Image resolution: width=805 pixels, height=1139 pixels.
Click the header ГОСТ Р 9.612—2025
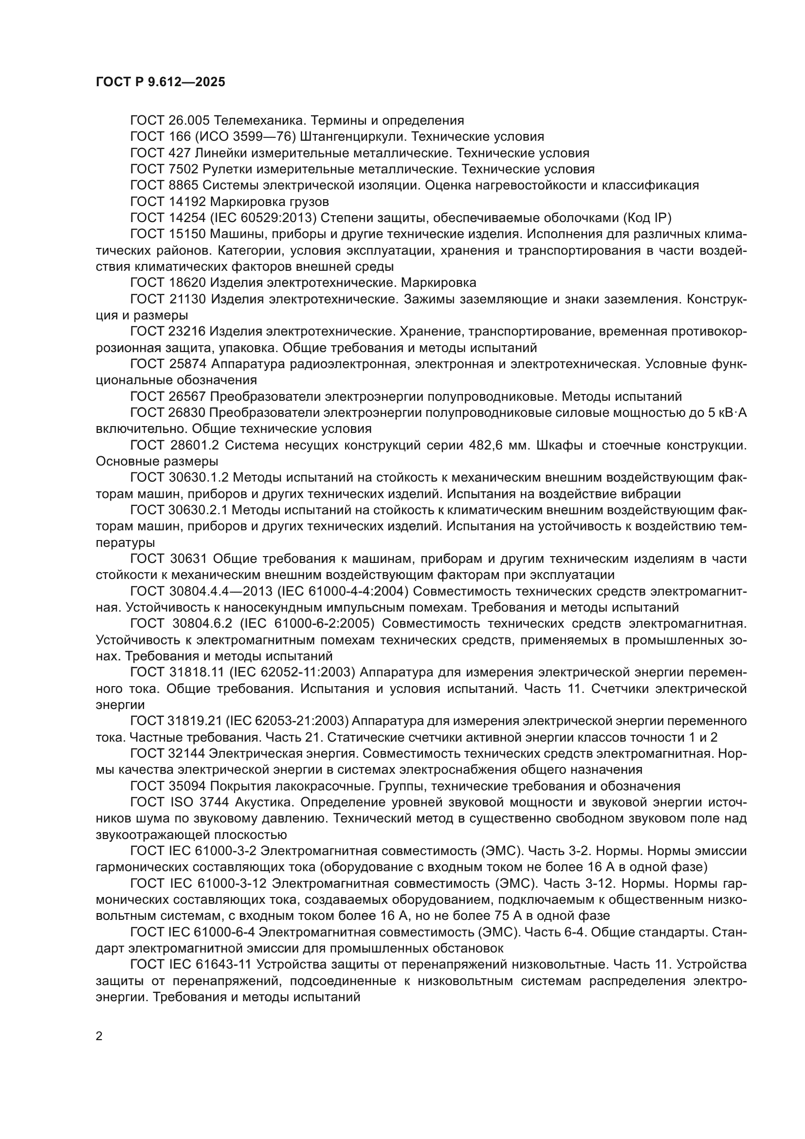[x=160, y=82]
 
